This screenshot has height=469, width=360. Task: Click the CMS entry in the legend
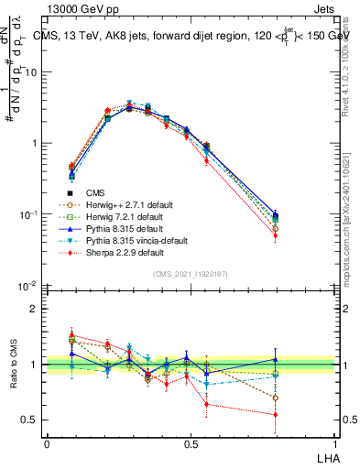click(x=95, y=192)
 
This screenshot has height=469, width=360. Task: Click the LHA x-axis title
click(x=327, y=457)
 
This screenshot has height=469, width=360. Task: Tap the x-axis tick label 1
click(x=334, y=444)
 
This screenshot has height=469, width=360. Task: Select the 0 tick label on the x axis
click(x=46, y=444)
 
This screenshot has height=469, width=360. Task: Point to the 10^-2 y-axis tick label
click(x=27, y=287)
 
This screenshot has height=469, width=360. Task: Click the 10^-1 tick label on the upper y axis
click(x=27, y=215)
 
